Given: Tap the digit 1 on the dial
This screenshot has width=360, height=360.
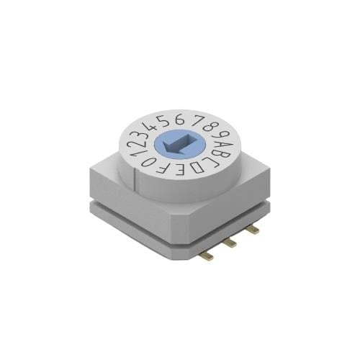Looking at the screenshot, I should click(130, 148).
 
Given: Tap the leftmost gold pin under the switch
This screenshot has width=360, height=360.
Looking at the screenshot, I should click(207, 256).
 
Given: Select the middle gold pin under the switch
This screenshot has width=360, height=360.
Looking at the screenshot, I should click(230, 243).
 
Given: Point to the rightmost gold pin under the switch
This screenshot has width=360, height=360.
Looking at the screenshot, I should click(253, 230).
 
